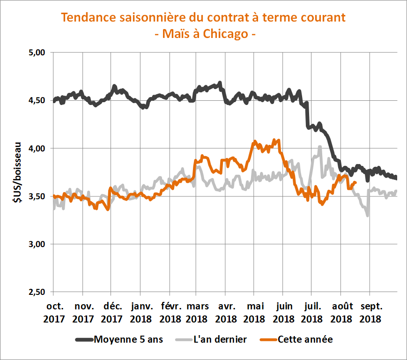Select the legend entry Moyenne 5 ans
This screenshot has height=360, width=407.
(x=127, y=339)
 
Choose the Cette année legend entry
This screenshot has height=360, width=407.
(x=305, y=339)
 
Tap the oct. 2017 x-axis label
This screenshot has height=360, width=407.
(x=55, y=313)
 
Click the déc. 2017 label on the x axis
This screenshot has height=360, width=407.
(x=112, y=313)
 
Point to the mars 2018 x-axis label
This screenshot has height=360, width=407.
(x=198, y=313)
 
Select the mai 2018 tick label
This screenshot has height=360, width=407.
(x=255, y=313)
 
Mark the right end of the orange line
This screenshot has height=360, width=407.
(x=356, y=183)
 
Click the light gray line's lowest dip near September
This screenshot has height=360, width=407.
(x=368, y=215)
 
